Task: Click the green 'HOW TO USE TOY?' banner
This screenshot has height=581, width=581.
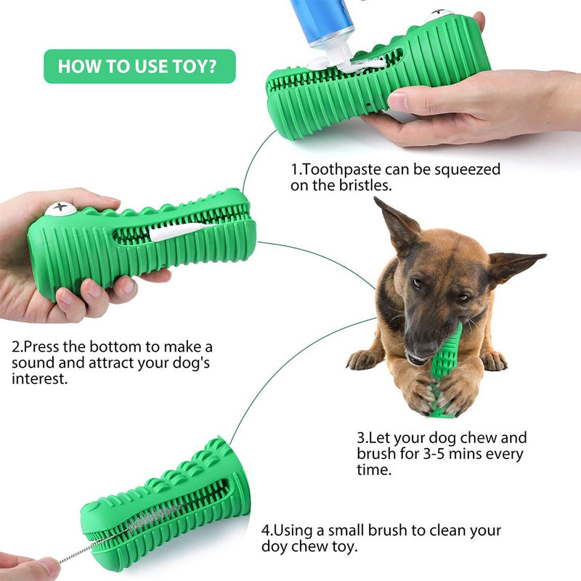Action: click(139, 66)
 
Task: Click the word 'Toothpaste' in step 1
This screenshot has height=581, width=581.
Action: click(339, 170)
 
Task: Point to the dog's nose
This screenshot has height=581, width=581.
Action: click(420, 335)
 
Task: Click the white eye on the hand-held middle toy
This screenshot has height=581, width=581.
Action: click(60, 209)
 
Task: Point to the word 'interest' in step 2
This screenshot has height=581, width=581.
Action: click(40, 379)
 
